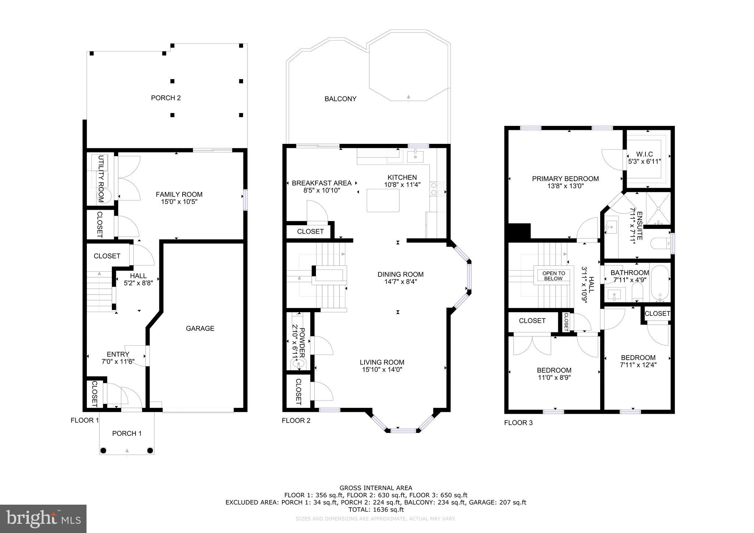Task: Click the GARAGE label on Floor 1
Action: coord(200,328)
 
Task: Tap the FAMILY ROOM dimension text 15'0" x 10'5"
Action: coord(179,202)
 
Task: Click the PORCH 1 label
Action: coord(127,433)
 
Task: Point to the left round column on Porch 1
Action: coord(103,450)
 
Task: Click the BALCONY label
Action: coord(340,99)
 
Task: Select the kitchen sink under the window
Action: coord(415,156)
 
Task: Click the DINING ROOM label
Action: coord(400,274)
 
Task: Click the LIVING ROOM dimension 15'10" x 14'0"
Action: coord(382,370)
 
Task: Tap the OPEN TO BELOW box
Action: coord(553,276)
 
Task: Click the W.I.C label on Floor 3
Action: coord(644,154)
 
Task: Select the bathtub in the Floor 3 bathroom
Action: coord(660,283)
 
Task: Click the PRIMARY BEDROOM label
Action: coord(565,179)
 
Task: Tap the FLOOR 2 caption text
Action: coord(296,420)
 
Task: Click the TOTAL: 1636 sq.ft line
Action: coord(376,509)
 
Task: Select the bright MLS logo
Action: coord(43,519)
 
